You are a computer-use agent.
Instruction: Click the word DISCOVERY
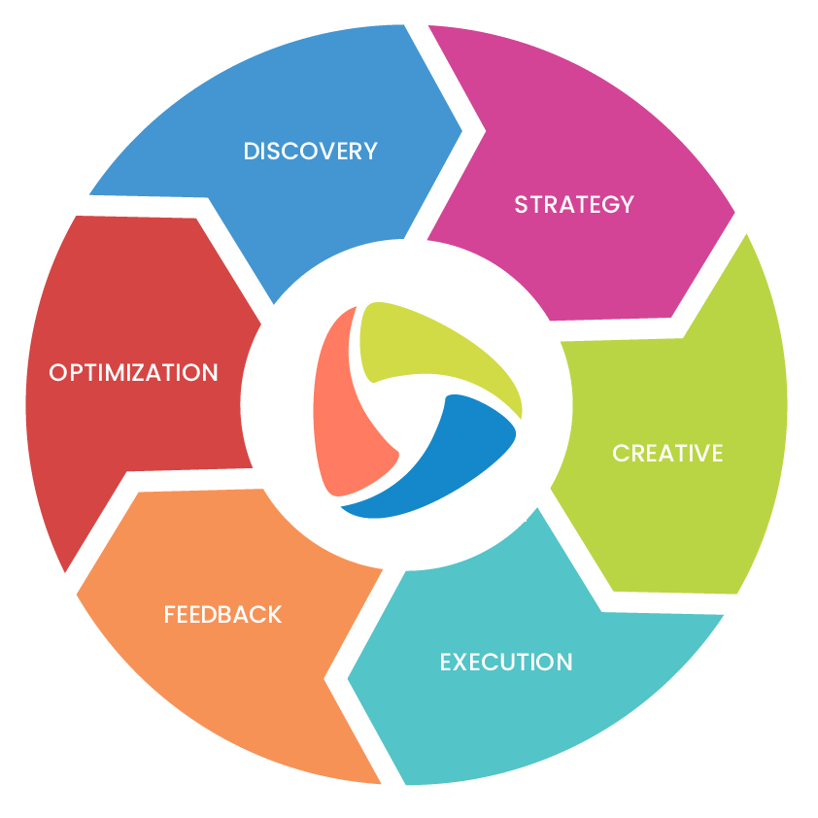(x=310, y=152)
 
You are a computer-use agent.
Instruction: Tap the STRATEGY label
(x=573, y=205)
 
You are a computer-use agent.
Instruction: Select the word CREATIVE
(x=667, y=454)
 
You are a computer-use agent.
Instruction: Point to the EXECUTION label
(x=506, y=663)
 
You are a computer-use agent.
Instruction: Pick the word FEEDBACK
(x=222, y=615)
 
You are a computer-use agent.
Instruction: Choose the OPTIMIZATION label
(x=133, y=373)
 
